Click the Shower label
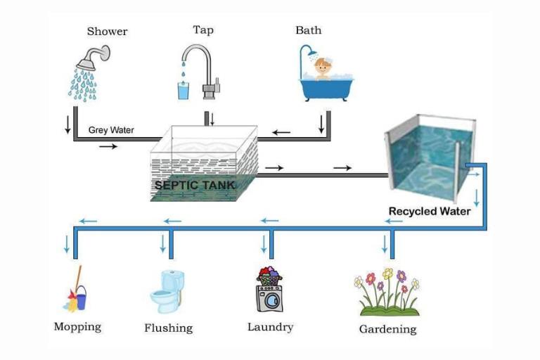click(x=107, y=31)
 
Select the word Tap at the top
click(x=203, y=30)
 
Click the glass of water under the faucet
click(x=184, y=91)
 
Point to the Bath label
click(x=308, y=30)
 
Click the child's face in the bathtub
click(x=323, y=67)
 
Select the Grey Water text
click(x=111, y=130)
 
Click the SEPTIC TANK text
click(x=195, y=186)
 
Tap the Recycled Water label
click(x=430, y=211)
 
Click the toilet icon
click(x=167, y=290)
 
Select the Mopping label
click(x=77, y=327)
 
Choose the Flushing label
click(x=168, y=328)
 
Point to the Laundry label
click(x=270, y=327)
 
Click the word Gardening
click(x=387, y=329)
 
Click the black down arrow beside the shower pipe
click(x=68, y=124)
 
